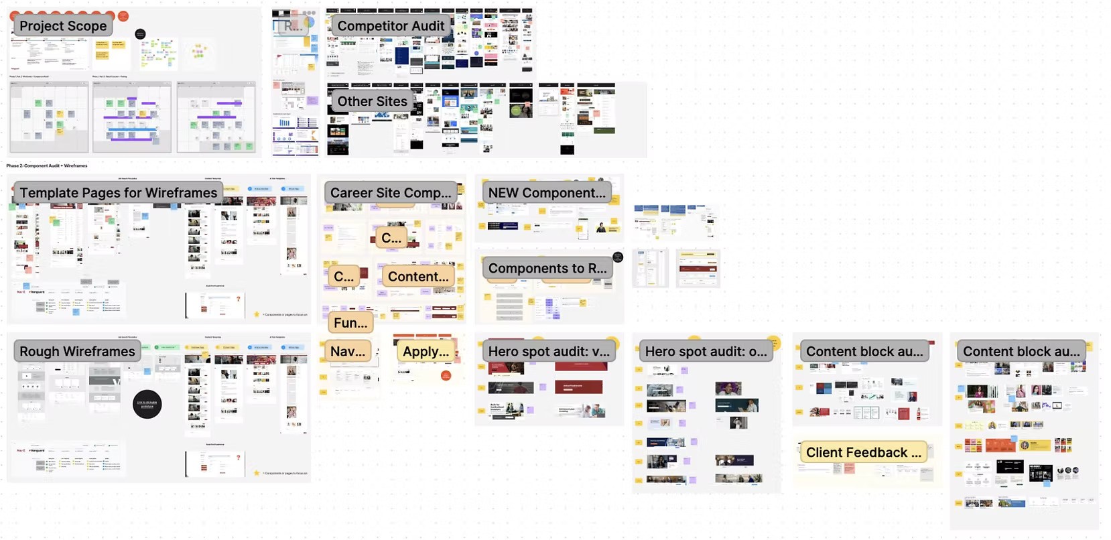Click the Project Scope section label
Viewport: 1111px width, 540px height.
pyautogui.click(x=63, y=26)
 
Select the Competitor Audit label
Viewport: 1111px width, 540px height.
pyautogui.click(x=391, y=26)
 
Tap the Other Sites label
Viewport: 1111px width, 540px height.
pyautogui.click(x=372, y=101)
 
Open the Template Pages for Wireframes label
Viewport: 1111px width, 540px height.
pyautogui.click(x=118, y=193)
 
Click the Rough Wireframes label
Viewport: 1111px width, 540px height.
pyautogui.click(x=77, y=352)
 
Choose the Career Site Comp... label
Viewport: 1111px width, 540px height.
pyautogui.click(x=391, y=193)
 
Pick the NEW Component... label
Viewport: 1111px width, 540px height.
pyautogui.click(x=546, y=193)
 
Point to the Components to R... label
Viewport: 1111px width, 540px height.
pyautogui.click(x=547, y=268)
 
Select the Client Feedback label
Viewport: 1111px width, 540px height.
pyautogui.click(x=863, y=453)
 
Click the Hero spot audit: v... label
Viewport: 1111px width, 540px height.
pyautogui.click(x=549, y=352)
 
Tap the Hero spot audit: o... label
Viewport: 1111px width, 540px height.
pyautogui.click(x=706, y=352)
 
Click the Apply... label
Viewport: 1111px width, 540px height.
pyautogui.click(x=426, y=352)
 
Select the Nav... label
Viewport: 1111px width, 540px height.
pyautogui.click(x=348, y=352)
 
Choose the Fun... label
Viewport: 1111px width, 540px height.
pyautogui.click(x=350, y=323)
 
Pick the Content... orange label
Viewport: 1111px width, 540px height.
pyautogui.click(x=418, y=277)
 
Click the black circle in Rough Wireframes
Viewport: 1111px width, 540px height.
pyautogui.click(x=147, y=405)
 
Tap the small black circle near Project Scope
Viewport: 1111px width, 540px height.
pyautogui.click(x=140, y=34)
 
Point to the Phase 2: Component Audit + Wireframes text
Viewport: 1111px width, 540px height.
pyautogui.click(x=47, y=165)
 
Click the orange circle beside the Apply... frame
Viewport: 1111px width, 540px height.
pyautogui.click(x=446, y=376)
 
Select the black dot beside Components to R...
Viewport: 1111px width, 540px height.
pyautogui.click(x=618, y=257)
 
